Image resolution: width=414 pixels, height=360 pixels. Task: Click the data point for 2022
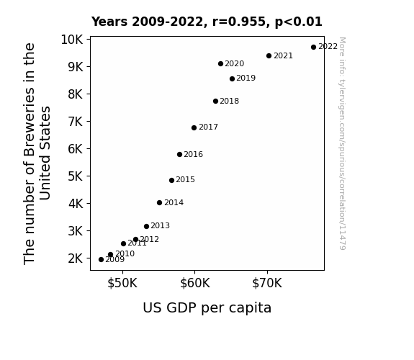(313, 48)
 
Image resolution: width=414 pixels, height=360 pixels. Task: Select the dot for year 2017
(194, 128)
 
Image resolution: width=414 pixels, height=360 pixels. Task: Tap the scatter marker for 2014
(159, 203)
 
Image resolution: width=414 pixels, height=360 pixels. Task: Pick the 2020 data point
(221, 63)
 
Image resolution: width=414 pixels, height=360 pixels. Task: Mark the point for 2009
(101, 260)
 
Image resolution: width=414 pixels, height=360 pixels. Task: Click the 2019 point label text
(246, 78)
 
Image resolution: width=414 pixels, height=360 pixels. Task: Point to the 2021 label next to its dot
(283, 55)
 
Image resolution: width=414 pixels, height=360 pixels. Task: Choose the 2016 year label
(193, 154)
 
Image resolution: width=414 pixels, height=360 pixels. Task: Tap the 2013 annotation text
(161, 226)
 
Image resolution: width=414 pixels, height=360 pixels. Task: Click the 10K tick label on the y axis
(72, 40)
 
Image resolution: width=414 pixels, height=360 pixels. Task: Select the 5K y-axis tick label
(76, 176)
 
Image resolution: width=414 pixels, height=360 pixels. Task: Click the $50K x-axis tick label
(122, 283)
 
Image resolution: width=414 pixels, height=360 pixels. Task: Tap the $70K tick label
(267, 283)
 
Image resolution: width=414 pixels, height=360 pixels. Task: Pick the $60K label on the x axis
(195, 283)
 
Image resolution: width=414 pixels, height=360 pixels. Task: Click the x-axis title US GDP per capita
(207, 307)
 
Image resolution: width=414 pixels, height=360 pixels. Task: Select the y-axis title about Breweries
(37, 153)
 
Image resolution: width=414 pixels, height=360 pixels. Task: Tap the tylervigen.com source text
(342, 143)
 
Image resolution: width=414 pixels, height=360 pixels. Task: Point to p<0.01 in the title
(299, 22)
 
